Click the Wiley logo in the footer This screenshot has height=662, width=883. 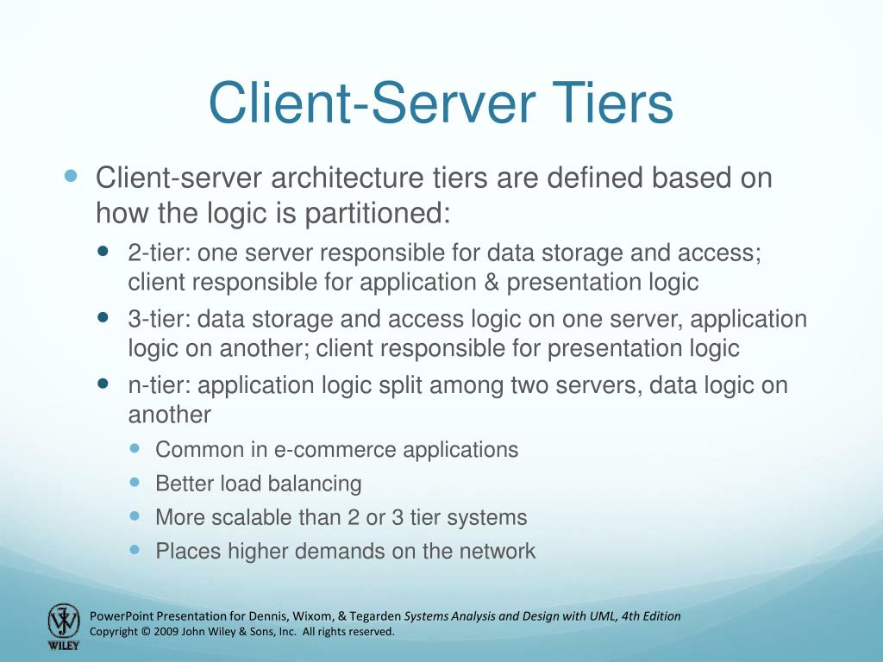coord(63,627)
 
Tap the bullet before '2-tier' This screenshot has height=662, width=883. coord(103,253)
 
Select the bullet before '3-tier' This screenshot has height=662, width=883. coord(103,318)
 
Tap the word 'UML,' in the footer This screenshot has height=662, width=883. coord(604,616)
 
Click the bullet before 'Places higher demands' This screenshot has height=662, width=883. coord(135,550)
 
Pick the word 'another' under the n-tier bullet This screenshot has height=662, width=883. coord(170,415)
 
